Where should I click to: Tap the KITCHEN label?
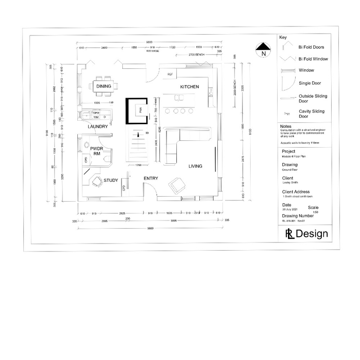(189, 86)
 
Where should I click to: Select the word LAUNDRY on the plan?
(98, 127)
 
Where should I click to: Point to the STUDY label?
(111, 180)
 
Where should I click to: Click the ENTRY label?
(150, 179)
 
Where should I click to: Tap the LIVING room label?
(195, 166)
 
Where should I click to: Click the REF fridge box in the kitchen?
(170, 74)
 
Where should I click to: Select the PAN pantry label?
(140, 109)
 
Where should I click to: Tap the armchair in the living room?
(175, 184)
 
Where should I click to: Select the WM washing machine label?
(96, 117)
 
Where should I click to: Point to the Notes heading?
(286, 126)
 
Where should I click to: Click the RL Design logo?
(306, 234)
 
